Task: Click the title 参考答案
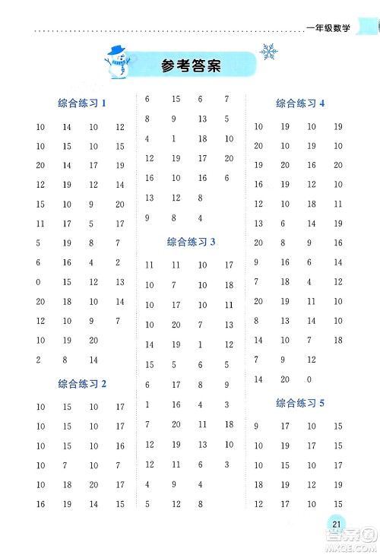pyautogui.click(x=191, y=65)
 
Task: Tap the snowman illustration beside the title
pyautogui.click(x=116, y=60)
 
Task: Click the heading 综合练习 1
pyautogui.click(x=81, y=103)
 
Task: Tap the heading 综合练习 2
pyautogui.click(x=81, y=384)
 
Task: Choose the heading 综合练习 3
pyautogui.click(x=191, y=242)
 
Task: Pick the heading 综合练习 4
pyautogui.click(x=300, y=103)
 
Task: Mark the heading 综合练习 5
pyautogui.click(x=300, y=403)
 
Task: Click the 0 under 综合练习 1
pyautogui.click(x=38, y=282)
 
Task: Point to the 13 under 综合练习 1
pyautogui.click(x=119, y=282)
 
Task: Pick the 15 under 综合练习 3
pyautogui.click(x=149, y=365)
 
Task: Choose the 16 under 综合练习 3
pyautogui.click(x=176, y=404)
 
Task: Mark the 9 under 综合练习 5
pyautogui.click(x=257, y=427)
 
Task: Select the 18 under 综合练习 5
pyautogui.click(x=258, y=484)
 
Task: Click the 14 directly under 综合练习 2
pyautogui.click(x=93, y=504)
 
